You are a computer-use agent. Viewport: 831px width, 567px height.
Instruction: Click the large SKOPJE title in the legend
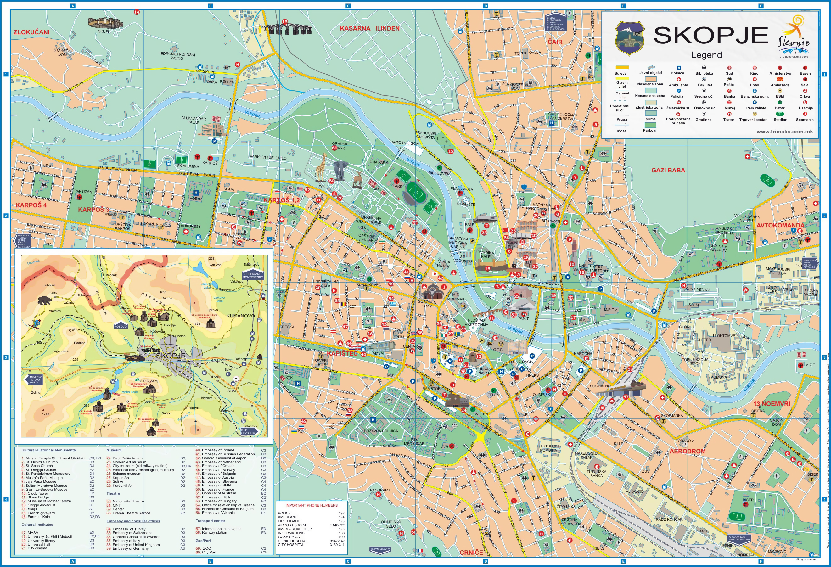coord(711,35)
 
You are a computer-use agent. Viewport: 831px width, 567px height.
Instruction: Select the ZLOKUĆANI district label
coord(31,32)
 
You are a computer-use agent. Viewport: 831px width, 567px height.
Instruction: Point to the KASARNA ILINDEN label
coord(369,29)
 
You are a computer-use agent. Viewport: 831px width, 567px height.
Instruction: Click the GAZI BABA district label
coord(668,171)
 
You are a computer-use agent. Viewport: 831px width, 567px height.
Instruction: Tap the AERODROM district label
coord(687,451)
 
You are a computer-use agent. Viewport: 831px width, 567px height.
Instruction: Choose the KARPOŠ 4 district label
coord(31,205)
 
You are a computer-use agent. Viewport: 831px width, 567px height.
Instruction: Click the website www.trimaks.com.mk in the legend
coord(784,132)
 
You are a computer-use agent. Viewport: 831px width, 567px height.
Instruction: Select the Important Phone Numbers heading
coord(311,505)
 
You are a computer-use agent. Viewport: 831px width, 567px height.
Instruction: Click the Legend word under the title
coord(706,55)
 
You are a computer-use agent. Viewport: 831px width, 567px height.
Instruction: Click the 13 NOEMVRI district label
coord(776,404)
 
